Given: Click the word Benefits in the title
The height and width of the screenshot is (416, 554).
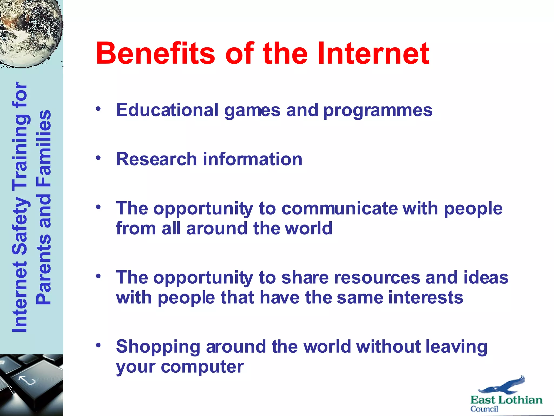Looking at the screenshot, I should [x=155, y=53].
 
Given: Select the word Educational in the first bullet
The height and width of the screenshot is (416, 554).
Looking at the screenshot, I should [x=167, y=110].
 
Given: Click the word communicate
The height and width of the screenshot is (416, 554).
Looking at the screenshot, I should [x=339, y=209].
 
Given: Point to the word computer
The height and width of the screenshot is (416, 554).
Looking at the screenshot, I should [x=202, y=367].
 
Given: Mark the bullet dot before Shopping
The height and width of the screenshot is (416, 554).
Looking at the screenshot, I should [x=98, y=345].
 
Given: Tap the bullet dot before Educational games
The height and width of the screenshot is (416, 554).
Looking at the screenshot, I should [x=98, y=109].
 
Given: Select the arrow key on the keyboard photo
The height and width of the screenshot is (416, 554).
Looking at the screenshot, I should [x=27, y=381].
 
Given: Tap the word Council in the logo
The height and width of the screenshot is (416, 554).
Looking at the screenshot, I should [x=484, y=409].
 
